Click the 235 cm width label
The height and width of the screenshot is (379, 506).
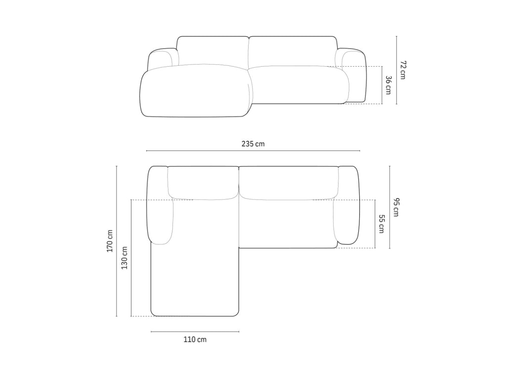[253, 144]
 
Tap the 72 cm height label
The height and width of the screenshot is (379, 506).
[403, 70]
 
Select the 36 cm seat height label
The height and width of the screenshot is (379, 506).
[388, 85]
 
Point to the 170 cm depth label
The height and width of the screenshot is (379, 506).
[110, 241]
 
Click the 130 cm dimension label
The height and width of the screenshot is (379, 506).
[125, 258]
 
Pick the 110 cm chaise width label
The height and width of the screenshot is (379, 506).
[195, 340]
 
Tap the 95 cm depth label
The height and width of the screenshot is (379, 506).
[396, 207]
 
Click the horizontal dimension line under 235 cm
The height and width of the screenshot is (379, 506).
[253, 151]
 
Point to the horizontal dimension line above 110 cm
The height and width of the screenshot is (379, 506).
[195, 331]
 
